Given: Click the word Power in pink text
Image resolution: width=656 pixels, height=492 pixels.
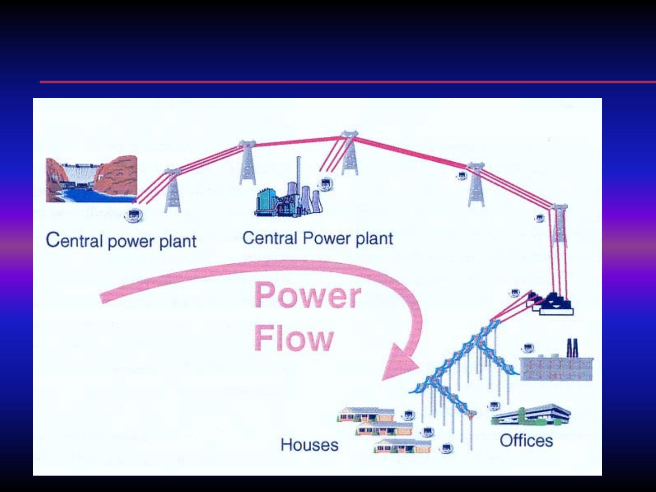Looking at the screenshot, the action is [x=308, y=295].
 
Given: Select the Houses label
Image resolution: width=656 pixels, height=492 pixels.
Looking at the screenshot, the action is [x=309, y=445].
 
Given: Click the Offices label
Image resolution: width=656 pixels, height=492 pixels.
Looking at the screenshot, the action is [x=526, y=441].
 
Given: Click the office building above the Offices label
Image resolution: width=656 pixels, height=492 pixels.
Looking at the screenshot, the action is [x=531, y=415].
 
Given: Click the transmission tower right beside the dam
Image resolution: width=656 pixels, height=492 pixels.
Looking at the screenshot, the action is [x=173, y=191].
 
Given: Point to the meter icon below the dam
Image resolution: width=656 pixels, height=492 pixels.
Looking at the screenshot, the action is [x=133, y=215].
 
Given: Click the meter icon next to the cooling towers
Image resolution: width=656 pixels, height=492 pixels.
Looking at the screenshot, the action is [x=325, y=184].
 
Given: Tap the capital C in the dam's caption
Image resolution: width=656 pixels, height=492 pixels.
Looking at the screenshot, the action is [x=53, y=240].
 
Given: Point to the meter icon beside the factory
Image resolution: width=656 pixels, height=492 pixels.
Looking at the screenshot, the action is [x=528, y=348].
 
